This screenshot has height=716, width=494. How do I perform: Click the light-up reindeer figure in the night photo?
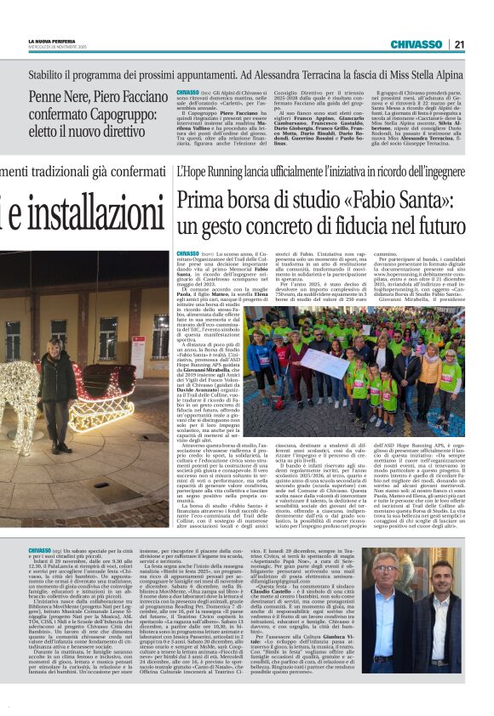pyautogui.click(x=26, y=400)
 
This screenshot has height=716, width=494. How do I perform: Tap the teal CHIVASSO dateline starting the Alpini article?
pyautogui.click(x=187, y=91)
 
